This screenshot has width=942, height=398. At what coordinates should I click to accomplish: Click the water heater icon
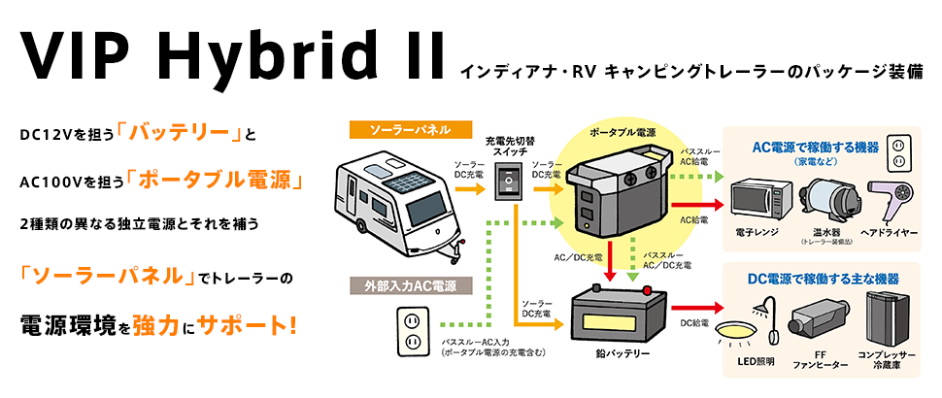click(x=831, y=197)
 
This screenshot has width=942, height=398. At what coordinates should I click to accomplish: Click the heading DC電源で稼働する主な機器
click(x=823, y=279)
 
